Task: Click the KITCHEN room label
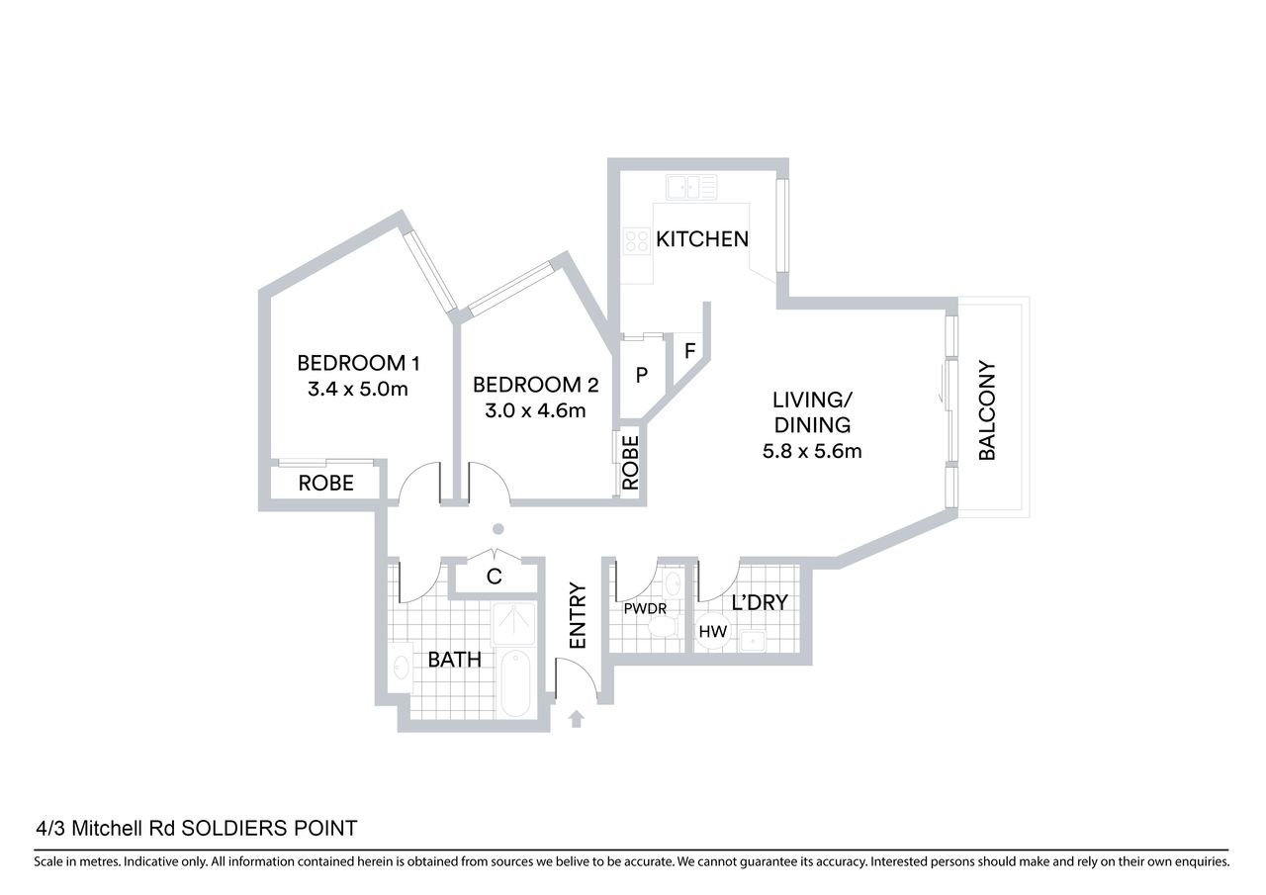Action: [x=702, y=239]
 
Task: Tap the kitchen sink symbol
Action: [x=691, y=187]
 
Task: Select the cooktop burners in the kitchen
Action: [x=636, y=240]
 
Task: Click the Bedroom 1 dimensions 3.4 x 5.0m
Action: [x=358, y=389]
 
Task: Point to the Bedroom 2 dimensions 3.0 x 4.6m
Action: [x=535, y=410]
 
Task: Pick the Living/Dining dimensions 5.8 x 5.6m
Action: [x=812, y=451]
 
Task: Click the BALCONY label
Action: [x=987, y=410]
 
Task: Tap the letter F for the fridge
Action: [x=689, y=351]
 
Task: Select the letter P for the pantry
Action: [x=642, y=375]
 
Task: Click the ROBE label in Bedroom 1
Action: [x=326, y=483]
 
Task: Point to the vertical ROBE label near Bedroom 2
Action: [x=630, y=463]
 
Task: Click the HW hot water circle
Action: [x=713, y=632]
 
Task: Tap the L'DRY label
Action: [x=760, y=603]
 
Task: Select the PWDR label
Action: [x=645, y=608]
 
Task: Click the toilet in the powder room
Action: [x=663, y=625]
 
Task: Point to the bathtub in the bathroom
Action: [x=515, y=683]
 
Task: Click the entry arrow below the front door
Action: [x=576, y=719]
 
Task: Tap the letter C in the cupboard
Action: [x=494, y=577]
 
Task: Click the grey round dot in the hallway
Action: [x=497, y=529]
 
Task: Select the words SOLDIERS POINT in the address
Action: [x=269, y=829]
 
